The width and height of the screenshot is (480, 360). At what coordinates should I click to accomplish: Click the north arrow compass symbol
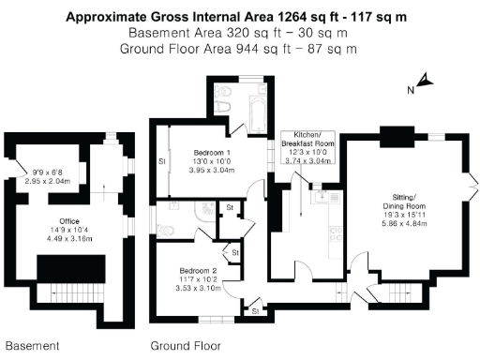(x=424, y=83)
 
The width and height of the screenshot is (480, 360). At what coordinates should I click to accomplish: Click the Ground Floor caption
(x=187, y=346)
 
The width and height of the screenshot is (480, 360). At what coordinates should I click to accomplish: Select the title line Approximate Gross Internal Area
(x=239, y=16)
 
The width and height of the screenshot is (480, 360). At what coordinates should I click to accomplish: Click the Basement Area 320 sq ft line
(x=239, y=32)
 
